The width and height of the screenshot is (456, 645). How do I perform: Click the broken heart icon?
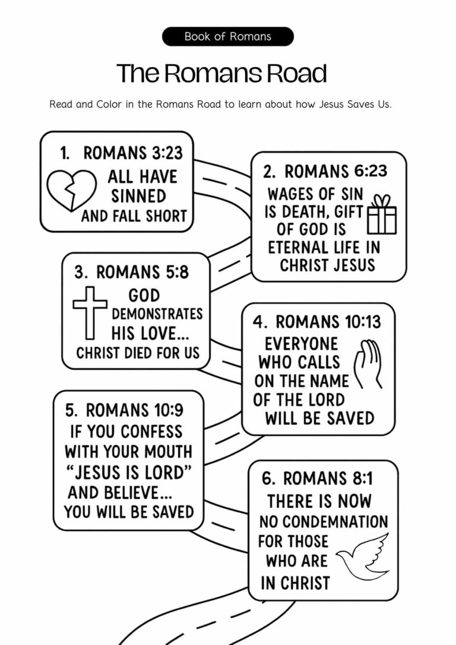(x=71, y=191)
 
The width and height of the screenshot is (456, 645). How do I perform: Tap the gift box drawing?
(x=382, y=214)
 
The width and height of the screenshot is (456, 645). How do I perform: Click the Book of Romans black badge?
(x=227, y=36)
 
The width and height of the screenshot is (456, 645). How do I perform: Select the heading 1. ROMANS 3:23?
(x=121, y=153)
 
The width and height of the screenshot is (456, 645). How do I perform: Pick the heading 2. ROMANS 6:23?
(x=325, y=172)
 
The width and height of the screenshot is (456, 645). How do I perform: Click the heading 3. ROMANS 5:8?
(x=131, y=273)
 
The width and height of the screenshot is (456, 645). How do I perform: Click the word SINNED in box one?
(x=138, y=196)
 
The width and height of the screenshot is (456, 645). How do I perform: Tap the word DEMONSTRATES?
(x=157, y=314)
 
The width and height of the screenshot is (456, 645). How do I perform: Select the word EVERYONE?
(x=301, y=344)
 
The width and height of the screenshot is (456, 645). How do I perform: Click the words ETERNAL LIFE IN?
(x=324, y=246)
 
